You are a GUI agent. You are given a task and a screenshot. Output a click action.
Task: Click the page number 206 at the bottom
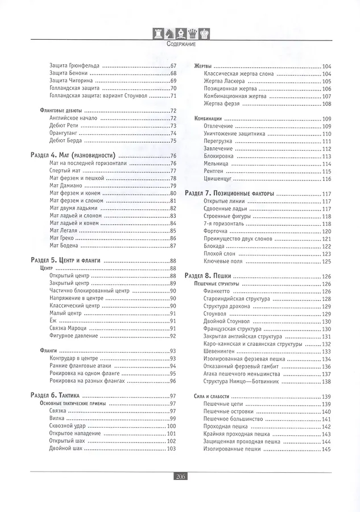click(x=180, y=476)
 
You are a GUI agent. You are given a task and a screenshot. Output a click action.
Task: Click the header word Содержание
click(x=180, y=44)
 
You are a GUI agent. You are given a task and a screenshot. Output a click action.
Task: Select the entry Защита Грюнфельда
click(x=75, y=66)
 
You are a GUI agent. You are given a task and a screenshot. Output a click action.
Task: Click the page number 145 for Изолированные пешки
click(x=326, y=449)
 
